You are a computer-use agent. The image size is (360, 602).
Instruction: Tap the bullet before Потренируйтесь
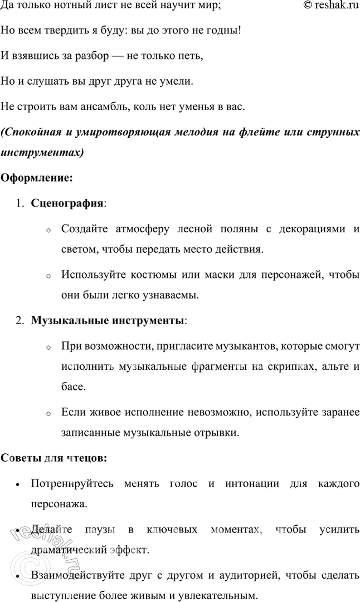coord(19,484)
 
